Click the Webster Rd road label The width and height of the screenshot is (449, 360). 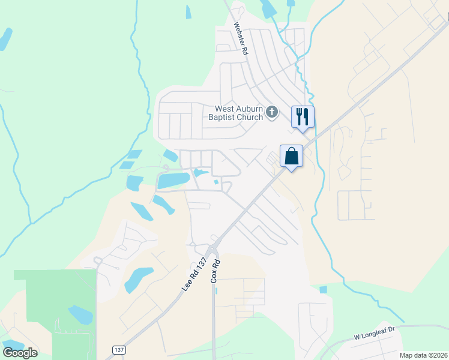(241, 40)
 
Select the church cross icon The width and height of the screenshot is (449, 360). (272, 112)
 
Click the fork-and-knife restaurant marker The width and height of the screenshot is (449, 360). (303, 116)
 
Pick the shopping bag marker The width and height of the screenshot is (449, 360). (291, 156)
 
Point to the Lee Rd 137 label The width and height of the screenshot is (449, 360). (194, 275)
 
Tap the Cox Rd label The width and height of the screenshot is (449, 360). (216, 271)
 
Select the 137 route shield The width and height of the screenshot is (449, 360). (119, 349)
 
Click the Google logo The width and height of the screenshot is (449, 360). (19, 353)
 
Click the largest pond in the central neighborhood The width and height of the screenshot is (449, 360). (173, 179)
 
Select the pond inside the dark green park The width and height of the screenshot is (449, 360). (79, 314)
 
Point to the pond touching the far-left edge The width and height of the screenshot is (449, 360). (5, 38)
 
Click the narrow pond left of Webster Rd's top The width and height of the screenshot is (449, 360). (188, 12)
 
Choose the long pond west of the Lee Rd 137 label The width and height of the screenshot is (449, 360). (138, 278)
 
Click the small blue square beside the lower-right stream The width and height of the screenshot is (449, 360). (324, 290)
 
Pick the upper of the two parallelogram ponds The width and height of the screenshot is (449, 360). (134, 155)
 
